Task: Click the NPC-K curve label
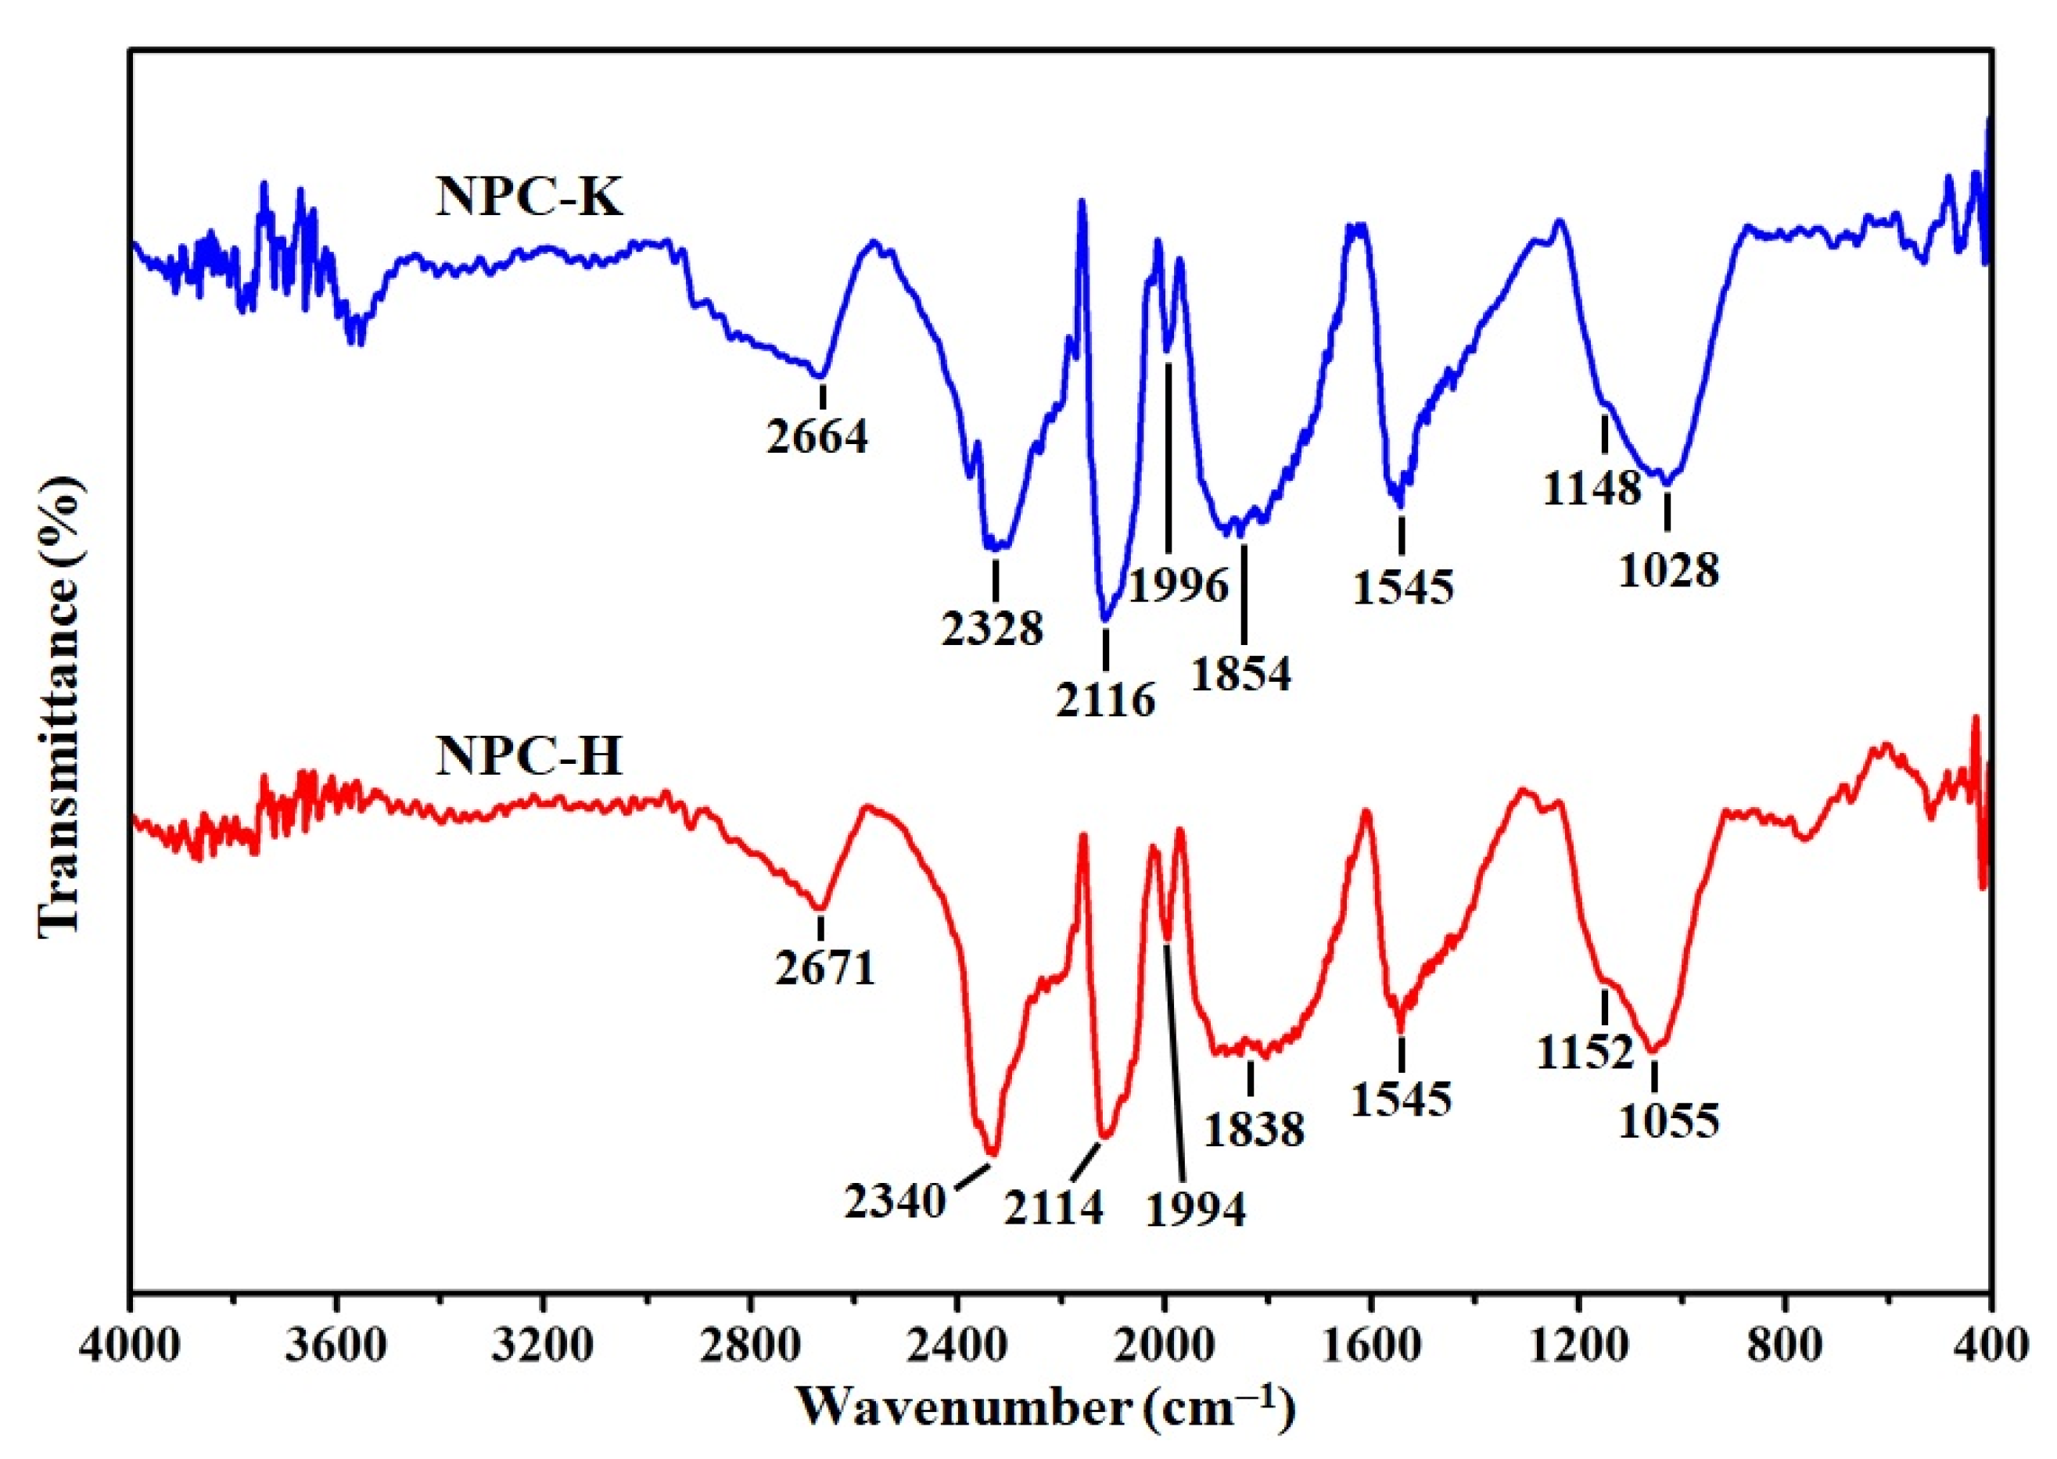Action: click(530, 198)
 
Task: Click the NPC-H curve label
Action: click(530, 756)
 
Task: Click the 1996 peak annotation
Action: click(1178, 586)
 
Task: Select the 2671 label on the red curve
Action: click(825, 969)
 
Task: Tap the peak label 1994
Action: click(1196, 1210)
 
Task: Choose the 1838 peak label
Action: click(1254, 1129)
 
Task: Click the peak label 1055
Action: click(1669, 1120)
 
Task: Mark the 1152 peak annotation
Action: click(1585, 1052)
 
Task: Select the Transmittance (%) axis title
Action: click(63, 707)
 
